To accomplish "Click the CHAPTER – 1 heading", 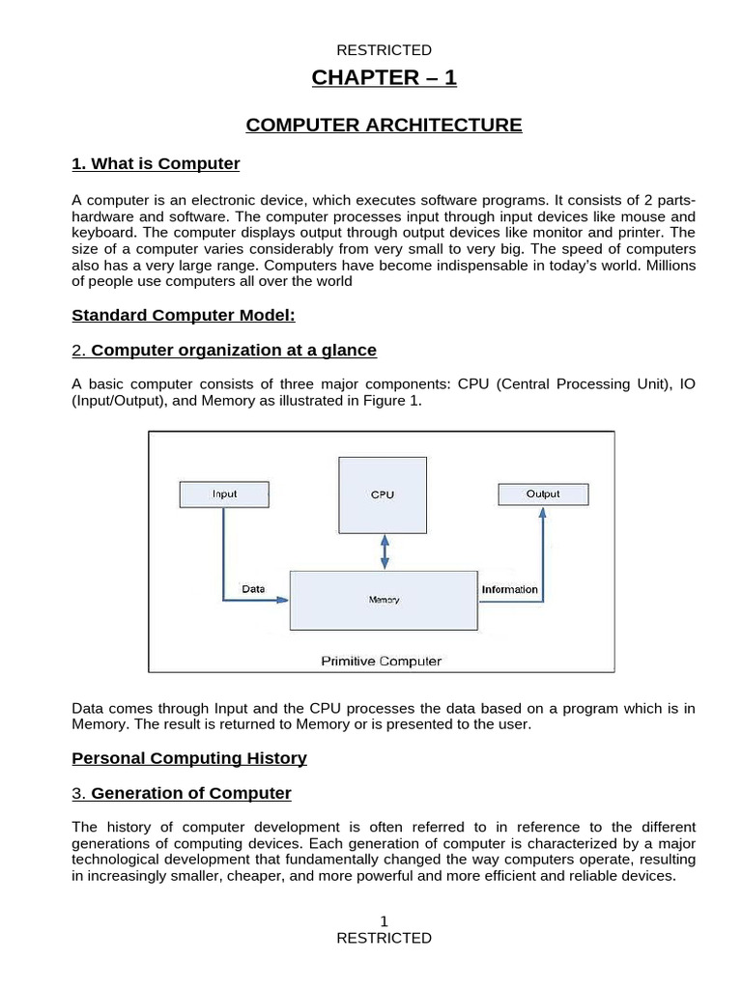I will pos(384,78).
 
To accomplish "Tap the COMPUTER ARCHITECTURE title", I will pos(384,125).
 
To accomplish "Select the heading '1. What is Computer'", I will pos(156,163).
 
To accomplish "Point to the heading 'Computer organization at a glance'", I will pos(234,350).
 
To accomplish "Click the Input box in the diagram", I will pos(224,494).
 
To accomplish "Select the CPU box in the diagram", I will pos(384,494).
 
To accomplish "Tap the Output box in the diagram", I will pos(542,494).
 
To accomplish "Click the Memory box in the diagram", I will pos(384,599).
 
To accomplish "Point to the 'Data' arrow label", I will pos(253,588).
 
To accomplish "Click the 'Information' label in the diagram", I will pos(509,588).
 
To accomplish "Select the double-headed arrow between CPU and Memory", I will pos(385,551).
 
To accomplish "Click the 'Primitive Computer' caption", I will pos(381,662).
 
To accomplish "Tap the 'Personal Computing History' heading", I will pos(189,758).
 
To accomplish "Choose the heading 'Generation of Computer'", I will pos(190,793).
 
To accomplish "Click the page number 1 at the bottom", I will pos(384,922).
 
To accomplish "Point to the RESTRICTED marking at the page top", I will pos(384,50).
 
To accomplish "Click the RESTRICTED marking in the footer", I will pos(384,938).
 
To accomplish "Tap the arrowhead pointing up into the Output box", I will pos(542,513).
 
